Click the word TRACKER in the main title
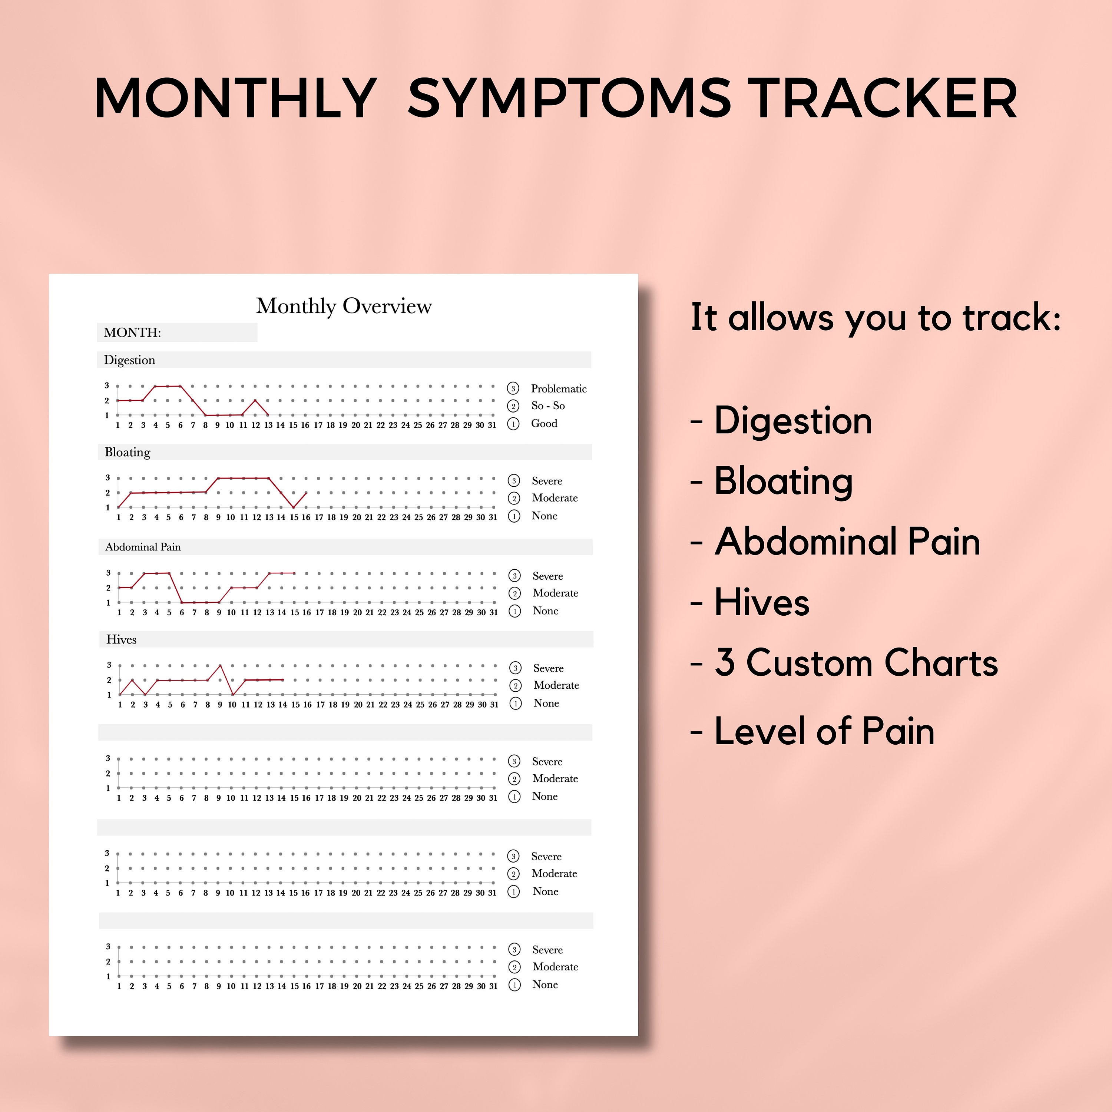coord(885,99)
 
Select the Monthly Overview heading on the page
coord(344,306)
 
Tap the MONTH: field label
coord(132,333)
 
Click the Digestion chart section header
coord(129,360)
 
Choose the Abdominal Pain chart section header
coord(143,547)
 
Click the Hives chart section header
coord(122,639)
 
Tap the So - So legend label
coord(547,406)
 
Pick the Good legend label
coord(544,424)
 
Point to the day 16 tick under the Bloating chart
coord(306,517)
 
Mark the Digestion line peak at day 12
coord(255,400)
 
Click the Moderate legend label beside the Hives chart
coord(556,685)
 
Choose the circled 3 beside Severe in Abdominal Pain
coord(514,576)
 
